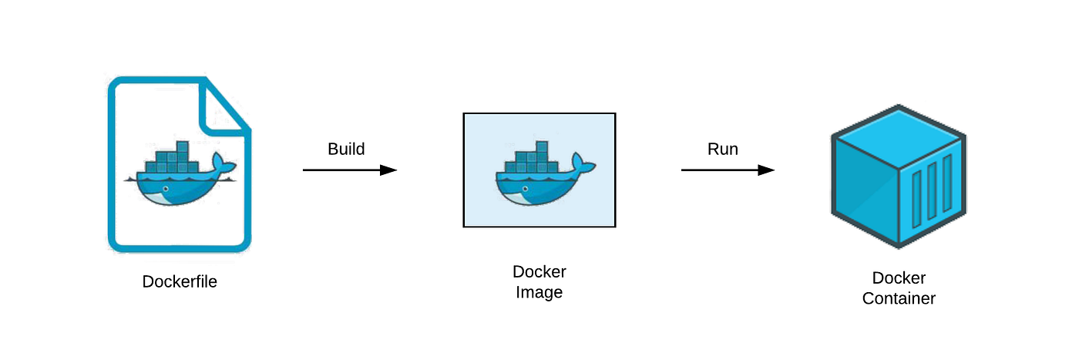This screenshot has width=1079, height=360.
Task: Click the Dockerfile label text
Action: pyautogui.click(x=180, y=282)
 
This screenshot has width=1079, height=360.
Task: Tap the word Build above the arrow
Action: pyautogui.click(x=346, y=149)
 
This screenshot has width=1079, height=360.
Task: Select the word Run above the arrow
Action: pyautogui.click(x=723, y=149)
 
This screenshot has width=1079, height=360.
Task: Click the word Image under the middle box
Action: pyautogui.click(x=539, y=293)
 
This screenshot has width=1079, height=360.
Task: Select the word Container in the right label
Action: pyautogui.click(x=899, y=298)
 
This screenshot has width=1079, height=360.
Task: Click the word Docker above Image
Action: pyautogui.click(x=539, y=272)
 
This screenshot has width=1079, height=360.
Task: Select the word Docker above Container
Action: pyautogui.click(x=899, y=278)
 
